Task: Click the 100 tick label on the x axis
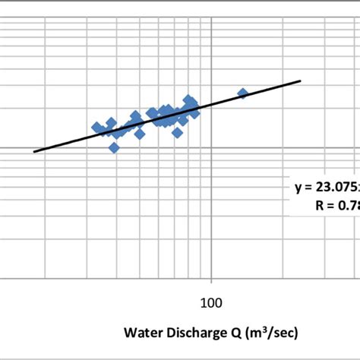[210, 302]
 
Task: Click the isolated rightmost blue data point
[243, 93]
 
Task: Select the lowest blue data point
[114, 147]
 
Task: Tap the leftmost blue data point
[96, 127]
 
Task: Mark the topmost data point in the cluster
[188, 99]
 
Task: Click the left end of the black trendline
[34, 151]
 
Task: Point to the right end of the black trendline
[301, 81]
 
